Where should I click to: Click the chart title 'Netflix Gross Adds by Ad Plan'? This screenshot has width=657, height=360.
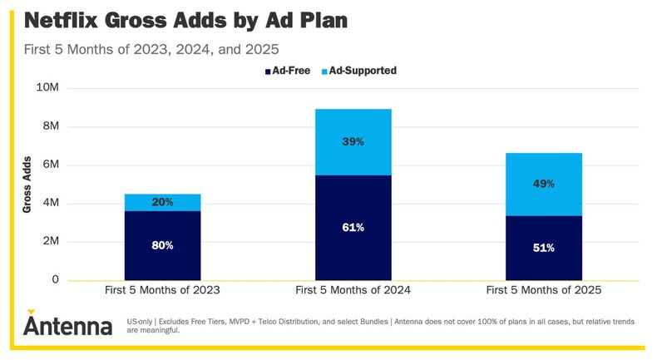click(185, 20)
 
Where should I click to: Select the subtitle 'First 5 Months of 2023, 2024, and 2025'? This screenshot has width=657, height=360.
click(151, 49)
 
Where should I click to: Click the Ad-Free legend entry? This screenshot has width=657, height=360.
click(289, 72)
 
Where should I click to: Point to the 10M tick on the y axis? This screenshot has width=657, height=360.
click(47, 88)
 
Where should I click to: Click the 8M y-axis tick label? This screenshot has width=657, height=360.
click(50, 126)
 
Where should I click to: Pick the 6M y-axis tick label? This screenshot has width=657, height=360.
click(50, 165)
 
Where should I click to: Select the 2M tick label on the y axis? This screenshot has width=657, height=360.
click(50, 242)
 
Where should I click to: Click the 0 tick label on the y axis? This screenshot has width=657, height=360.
click(56, 280)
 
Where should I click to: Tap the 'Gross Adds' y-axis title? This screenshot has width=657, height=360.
click(27, 185)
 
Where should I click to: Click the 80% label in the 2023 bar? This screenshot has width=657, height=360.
click(162, 246)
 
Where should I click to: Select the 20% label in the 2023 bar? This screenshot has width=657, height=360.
click(162, 203)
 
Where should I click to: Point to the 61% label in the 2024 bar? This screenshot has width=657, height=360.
click(353, 228)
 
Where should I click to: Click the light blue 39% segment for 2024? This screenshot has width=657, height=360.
click(353, 142)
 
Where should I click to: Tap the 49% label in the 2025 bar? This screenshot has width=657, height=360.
click(544, 184)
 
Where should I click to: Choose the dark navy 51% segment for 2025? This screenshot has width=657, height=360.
click(544, 248)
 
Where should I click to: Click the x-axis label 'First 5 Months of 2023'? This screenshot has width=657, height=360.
click(162, 291)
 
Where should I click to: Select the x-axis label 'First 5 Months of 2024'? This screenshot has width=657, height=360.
click(353, 291)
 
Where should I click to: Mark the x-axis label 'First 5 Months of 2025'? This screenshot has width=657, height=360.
click(544, 291)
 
